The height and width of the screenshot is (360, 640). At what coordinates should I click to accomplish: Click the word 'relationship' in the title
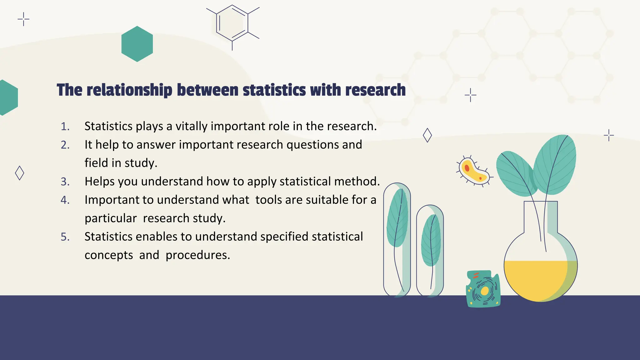tap(129, 90)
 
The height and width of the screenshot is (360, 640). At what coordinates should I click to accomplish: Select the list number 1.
tap(65, 127)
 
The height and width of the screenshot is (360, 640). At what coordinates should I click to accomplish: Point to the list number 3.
tap(65, 182)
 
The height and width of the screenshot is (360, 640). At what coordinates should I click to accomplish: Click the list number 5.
tap(65, 237)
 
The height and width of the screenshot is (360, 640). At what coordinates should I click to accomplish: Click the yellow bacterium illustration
tap(473, 171)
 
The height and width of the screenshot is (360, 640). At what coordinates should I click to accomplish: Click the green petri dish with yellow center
tap(483, 289)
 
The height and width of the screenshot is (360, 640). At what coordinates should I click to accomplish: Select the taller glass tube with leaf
tap(397, 239)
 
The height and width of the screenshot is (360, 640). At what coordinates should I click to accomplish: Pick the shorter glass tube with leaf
tap(430, 250)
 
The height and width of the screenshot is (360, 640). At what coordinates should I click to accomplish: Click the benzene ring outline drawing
tap(232, 23)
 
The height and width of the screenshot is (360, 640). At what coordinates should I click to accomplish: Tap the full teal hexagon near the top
tap(137, 44)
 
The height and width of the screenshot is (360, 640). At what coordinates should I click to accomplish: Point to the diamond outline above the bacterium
tap(427, 135)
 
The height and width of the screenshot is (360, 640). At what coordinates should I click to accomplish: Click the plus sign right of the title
tap(470, 95)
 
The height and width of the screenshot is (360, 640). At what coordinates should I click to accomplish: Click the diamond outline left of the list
tap(19, 173)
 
